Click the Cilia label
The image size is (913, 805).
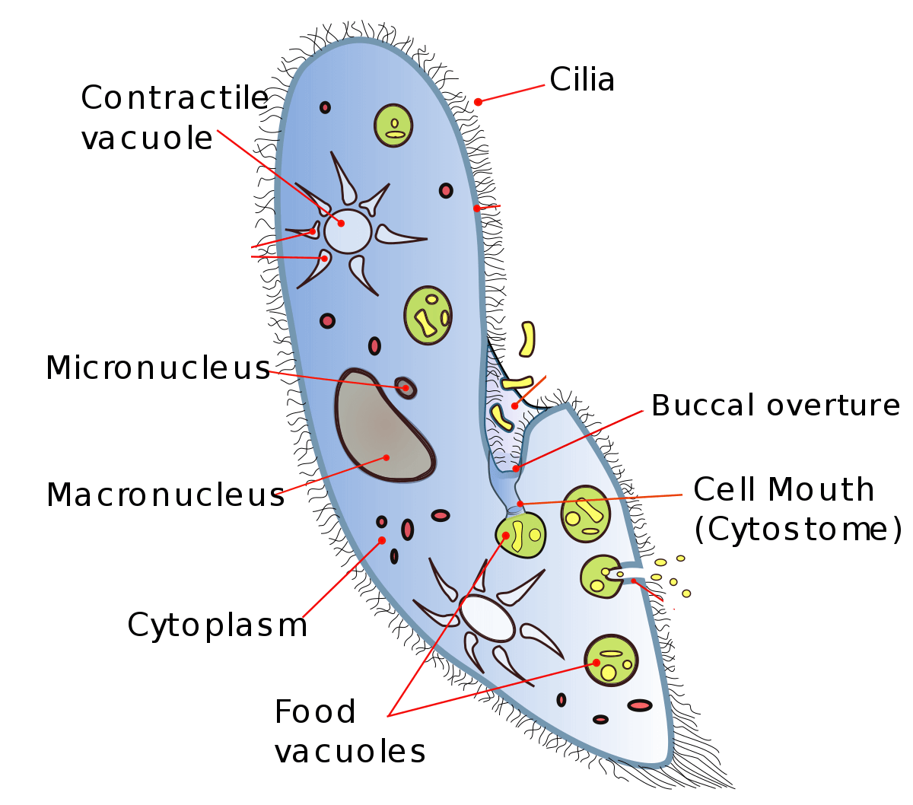(582, 80)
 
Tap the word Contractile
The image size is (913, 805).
(174, 98)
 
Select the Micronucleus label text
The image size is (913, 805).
(157, 368)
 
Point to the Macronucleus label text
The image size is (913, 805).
(165, 495)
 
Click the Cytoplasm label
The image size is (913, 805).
(217, 625)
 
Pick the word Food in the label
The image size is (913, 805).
(315, 712)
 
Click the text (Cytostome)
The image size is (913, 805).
(798, 530)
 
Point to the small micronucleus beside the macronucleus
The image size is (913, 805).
(406, 387)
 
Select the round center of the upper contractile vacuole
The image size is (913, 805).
(348, 231)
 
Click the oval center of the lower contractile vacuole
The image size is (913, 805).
(487, 618)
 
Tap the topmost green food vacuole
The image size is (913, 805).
(393, 126)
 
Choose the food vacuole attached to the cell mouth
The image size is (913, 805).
(520, 534)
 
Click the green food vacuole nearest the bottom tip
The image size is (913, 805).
(610, 660)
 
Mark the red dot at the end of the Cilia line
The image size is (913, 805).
(478, 102)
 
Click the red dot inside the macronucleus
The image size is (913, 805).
(387, 457)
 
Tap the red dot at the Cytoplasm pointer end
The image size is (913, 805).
(382, 540)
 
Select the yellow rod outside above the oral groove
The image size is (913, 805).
(526, 339)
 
